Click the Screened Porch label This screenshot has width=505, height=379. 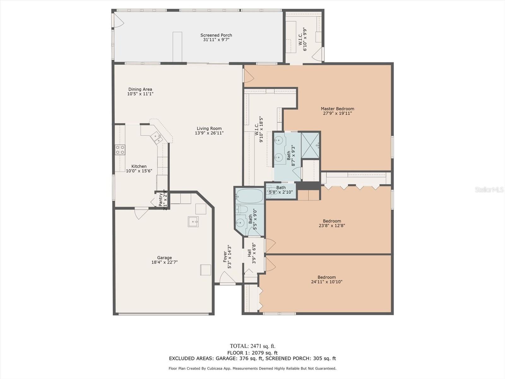(216, 35)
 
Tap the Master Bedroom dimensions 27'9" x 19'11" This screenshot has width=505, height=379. (337, 113)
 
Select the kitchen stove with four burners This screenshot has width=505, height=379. (120, 150)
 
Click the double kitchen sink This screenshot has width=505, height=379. (157, 137)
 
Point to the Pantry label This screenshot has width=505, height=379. (161, 200)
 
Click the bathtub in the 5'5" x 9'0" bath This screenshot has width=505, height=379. (249, 196)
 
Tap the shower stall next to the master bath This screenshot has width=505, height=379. (310, 145)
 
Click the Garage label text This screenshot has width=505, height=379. (164, 258)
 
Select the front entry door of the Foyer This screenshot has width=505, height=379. (227, 279)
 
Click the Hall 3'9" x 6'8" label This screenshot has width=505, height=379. (252, 253)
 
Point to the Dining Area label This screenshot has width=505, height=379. (140, 89)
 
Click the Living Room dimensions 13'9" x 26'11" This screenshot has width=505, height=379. (209, 133)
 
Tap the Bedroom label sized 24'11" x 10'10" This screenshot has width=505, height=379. (327, 277)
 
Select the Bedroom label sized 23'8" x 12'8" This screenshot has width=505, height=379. (332, 221)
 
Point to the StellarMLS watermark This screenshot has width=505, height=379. (489, 190)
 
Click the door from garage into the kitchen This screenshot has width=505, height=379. (141, 213)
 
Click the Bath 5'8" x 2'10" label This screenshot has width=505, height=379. (281, 188)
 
